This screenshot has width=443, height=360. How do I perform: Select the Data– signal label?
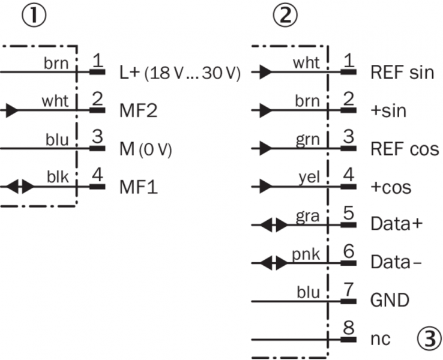[x=393, y=262]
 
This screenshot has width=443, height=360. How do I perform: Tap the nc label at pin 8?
[x=381, y=338]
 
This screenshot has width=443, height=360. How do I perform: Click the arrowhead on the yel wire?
[x=264, y=187]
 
